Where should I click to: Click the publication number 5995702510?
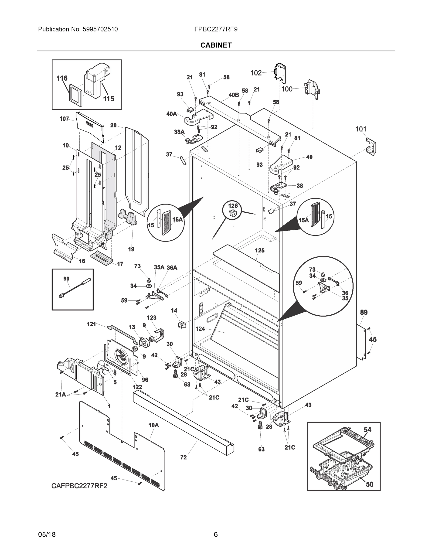point(100,29)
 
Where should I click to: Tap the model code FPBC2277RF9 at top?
point(216,29)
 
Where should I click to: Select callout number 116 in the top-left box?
point(62,78)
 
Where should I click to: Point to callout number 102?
point(256,73)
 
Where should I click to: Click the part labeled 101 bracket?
point(371,147)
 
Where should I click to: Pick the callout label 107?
point(64,119)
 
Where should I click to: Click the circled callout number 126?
point(233,205)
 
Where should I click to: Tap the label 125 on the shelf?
point(259,250)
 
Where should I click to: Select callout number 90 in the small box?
point(66,279)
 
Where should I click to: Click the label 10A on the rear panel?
point(153,425)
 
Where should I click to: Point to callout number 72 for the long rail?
point(184,457)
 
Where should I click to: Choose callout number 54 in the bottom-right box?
point(367,430)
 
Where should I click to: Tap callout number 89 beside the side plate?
point(364,312)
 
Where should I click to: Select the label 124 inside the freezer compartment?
point(200,329)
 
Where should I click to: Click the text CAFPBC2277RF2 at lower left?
point(79,486)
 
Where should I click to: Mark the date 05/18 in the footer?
point(47,535)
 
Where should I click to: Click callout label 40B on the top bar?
point(233,95)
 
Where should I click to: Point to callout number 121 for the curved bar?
point(91,324)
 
